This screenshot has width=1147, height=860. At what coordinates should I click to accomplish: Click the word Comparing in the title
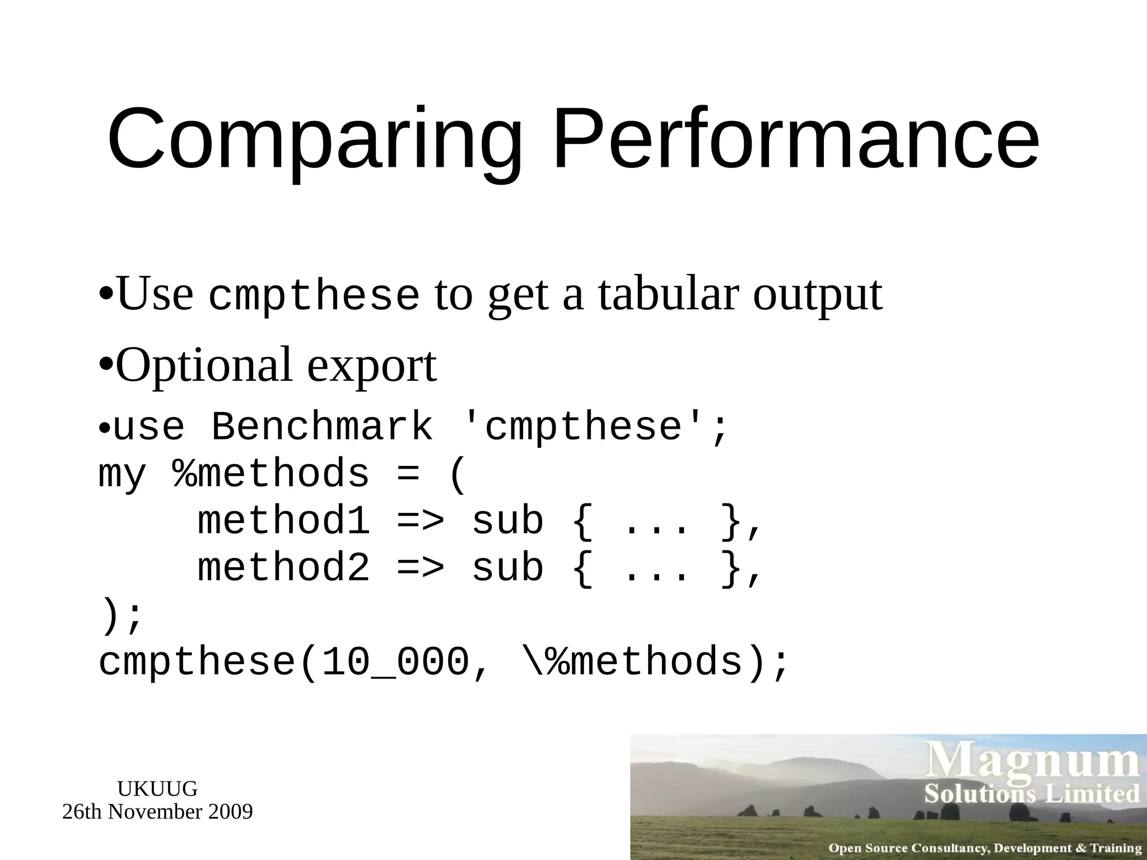pyautogui.click(x=314, y=140)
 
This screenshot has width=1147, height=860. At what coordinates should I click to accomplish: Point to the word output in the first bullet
pyautogui.click(x=817, y=295)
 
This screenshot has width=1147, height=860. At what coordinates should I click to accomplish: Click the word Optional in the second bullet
pyautogui.click(x=204, y=365)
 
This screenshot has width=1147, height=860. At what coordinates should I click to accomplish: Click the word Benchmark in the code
pyautogui.click(x=322, y=427)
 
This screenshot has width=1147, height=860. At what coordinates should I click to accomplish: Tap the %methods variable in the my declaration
pyautogui.click(x=271, y=474)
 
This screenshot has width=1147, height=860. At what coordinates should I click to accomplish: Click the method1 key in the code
pyautogui.click(x=283, y=521)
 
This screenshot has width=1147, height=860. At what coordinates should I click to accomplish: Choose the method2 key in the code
pyautogui.click(x=283, y=568)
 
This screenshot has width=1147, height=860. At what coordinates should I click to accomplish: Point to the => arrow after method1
pyautogui.click(x=420, y=521)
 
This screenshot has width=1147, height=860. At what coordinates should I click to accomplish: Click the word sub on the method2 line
pyautogui.click(x=507, y=568)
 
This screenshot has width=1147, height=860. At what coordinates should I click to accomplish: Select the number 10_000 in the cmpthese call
pyautogui.click(x=395, y=662)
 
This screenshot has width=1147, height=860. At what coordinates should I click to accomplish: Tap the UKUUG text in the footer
pyautogui.click(x=157, y=789)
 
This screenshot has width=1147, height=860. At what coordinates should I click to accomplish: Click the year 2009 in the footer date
pyautogui.click(x=230, y=811)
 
